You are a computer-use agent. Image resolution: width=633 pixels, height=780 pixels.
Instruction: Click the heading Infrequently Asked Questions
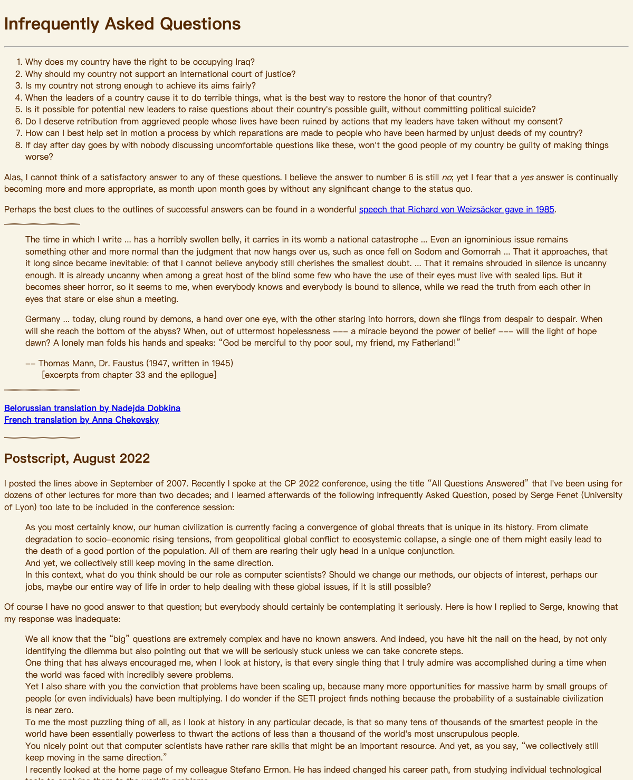point(122,24)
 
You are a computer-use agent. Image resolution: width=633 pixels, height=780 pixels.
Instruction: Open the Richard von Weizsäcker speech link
point(456,209)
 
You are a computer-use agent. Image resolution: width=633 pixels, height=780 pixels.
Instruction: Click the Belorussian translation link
point(92,408)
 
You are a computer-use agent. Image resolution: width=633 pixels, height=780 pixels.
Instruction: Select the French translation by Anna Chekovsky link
point(81,420)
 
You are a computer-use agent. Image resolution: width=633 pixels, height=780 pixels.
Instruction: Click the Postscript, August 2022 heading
point(77,459)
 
